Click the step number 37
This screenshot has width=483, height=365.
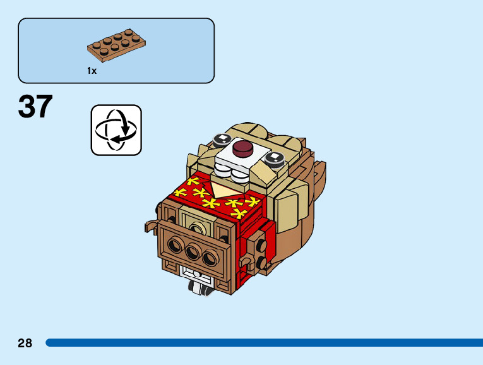[x=35, y=107]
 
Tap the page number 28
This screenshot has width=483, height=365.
[x=25, y=344]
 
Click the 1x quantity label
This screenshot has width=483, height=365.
[x=92, y=71]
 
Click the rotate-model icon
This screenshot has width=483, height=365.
[x=116, y=130]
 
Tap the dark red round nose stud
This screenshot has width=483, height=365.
[x=243, y=149]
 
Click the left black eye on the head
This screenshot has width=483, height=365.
[x=222, y=139]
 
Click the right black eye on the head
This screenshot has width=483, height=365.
[x=275, y=157]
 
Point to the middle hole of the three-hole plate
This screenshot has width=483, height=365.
[x=192, y=253]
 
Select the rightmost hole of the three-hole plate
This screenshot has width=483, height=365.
[x=208, y=258]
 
